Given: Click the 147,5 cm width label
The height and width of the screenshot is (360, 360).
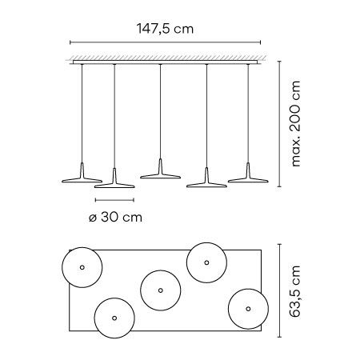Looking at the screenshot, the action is [x=165, y=29].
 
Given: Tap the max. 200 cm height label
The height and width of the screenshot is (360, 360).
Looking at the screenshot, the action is [x=295, y=124].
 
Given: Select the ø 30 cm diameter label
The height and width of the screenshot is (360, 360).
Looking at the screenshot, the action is [x=115, y=218].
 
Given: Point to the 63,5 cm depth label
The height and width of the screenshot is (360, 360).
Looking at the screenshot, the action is [x=295, y=291].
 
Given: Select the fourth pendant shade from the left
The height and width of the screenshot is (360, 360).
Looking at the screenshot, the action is [x=206, y=185].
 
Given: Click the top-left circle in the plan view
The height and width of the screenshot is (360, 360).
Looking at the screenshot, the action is [x=62, y=267].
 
